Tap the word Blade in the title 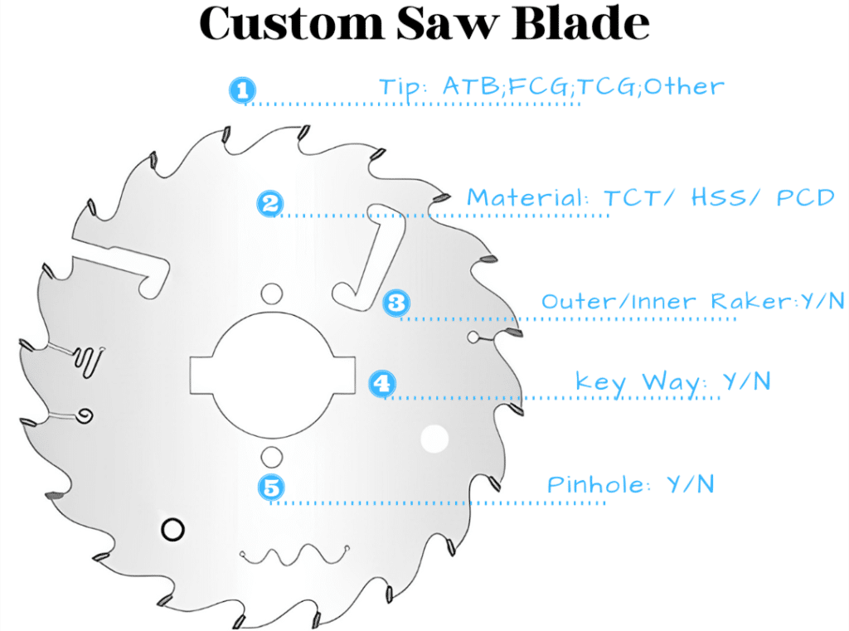[580, 24]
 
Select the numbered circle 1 [241, 90]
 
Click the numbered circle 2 [270, 203]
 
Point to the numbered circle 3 [396, 303]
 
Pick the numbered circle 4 [381, 383]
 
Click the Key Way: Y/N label [672, 381]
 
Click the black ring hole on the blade [172, 528]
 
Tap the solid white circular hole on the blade [434, 439]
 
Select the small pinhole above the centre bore [270, 292]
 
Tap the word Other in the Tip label [683, 86]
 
